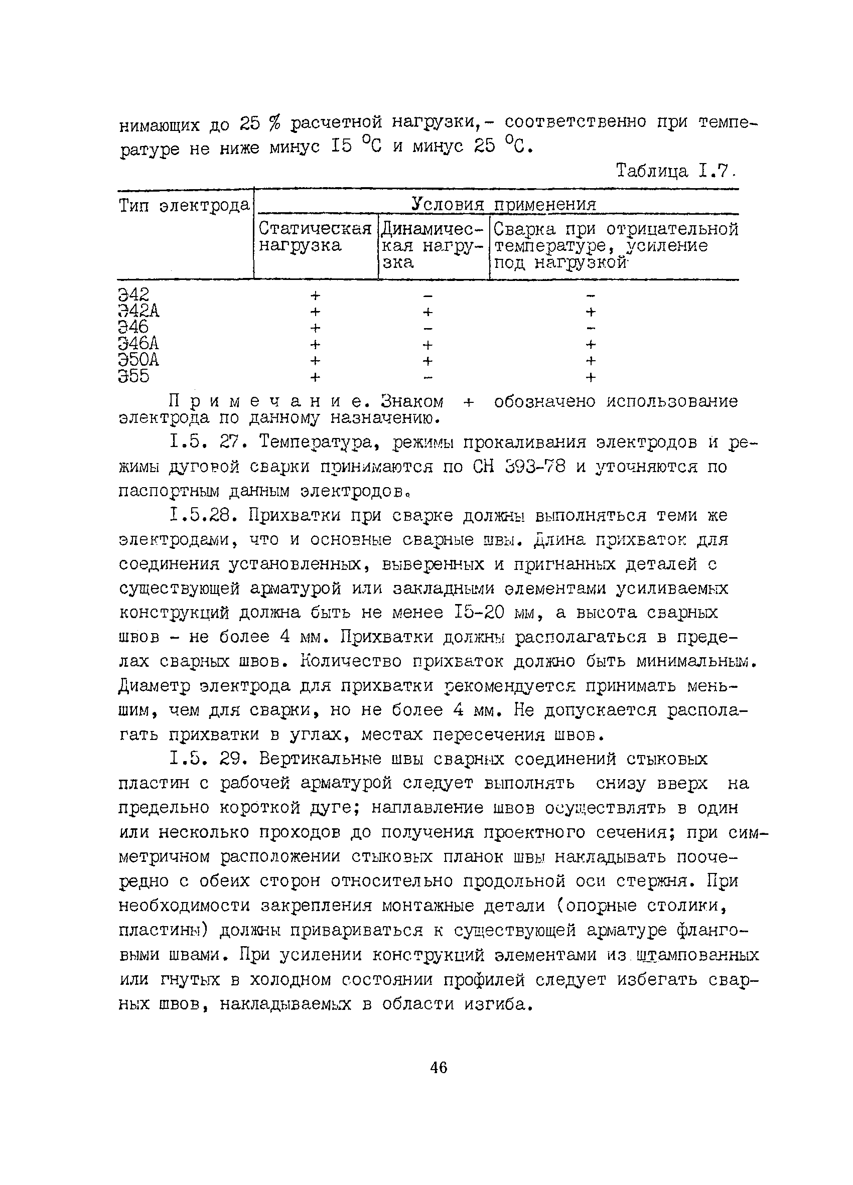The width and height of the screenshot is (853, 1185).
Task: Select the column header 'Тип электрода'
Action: tap(184, 205)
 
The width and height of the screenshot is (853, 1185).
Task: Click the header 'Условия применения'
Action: tap(503, 204)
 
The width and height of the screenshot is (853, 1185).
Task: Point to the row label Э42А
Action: tap(138, 311)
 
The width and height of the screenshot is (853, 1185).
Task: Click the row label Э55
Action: tap(134, 376)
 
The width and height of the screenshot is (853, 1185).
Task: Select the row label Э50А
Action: tap(138, 360)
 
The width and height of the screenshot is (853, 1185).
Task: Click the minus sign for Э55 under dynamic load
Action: tap(428, 377)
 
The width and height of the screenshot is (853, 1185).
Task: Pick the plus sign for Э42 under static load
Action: tap(315, 295)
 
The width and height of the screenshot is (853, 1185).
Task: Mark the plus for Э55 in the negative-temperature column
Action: tap(591, 377)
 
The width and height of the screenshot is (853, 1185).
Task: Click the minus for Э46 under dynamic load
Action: tap(428, 328)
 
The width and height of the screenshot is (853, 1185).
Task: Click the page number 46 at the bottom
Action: tap(439, 1068)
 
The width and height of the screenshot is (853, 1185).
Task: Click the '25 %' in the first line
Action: tap(260, 124)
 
